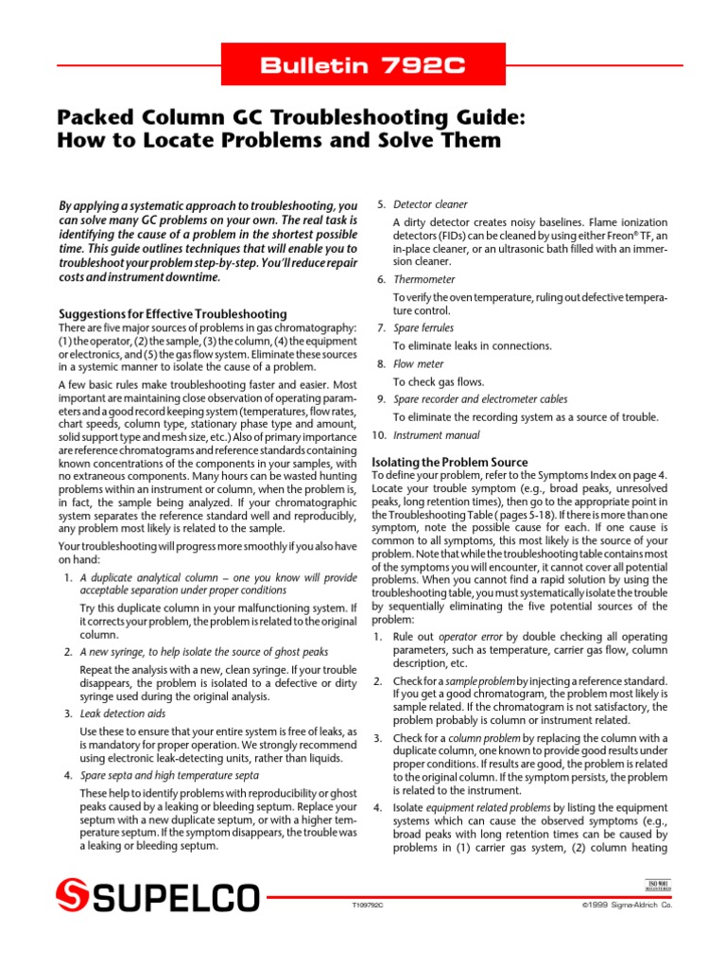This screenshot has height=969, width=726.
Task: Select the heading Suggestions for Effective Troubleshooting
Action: pos(173,313)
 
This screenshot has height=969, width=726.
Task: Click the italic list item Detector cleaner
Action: pos(430,204)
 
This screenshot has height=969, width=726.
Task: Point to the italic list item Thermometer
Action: pos(424,280)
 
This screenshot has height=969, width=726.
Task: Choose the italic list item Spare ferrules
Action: pos(423,327)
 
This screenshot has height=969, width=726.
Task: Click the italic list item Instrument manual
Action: pos(436,435)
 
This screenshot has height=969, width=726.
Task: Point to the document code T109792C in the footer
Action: pos(368,906)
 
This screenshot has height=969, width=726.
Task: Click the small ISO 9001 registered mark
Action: pos(656,887)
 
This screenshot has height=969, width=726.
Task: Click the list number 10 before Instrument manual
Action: pos(379,435)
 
